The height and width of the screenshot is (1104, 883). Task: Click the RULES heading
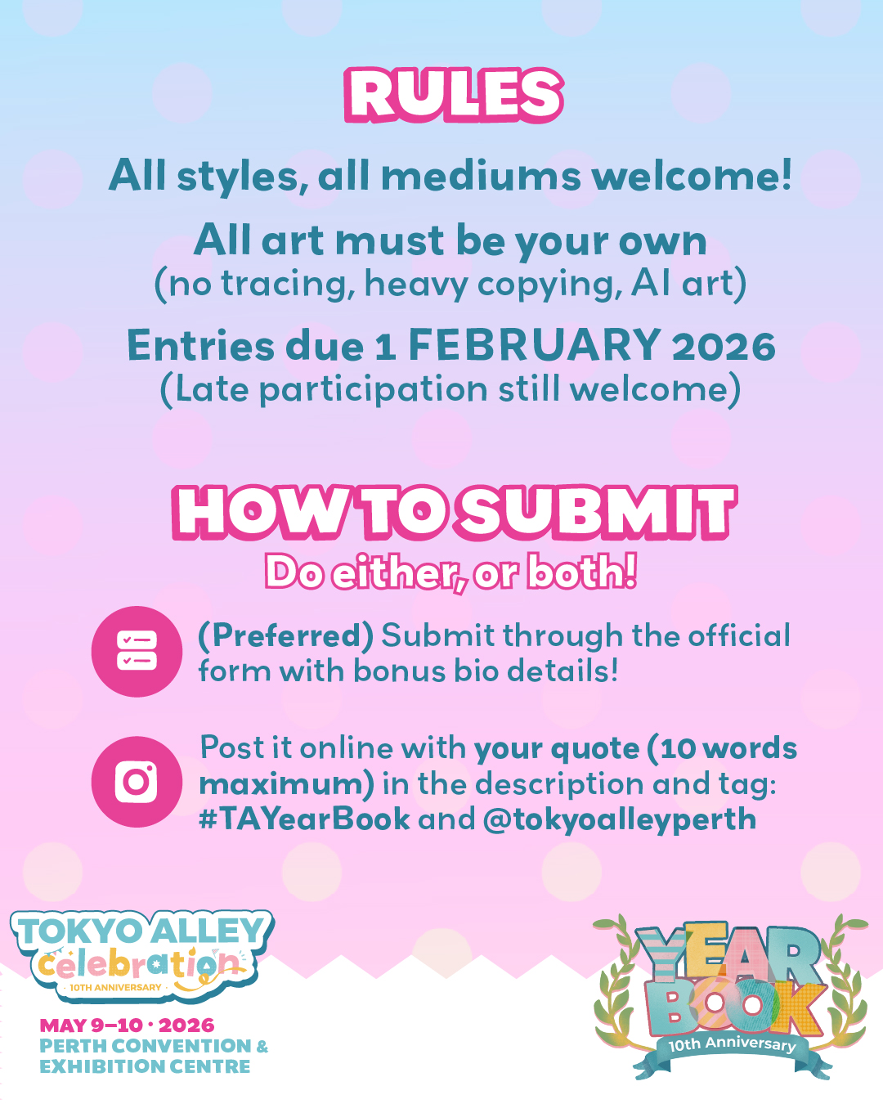pos(454,95)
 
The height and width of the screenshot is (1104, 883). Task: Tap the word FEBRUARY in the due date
pos(534,345)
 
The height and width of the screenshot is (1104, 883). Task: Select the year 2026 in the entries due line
pos(724,346)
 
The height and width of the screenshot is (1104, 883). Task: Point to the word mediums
pos(481,175)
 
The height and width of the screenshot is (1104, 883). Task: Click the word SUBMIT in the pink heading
pos(598,513)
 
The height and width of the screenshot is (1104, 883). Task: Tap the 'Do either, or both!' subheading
pos(451,573)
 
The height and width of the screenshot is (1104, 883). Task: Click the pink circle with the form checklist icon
pos(137,652)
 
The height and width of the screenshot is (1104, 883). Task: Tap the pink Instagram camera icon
pos(137,782)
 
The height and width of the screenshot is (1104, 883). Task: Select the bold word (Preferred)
pos(286,636)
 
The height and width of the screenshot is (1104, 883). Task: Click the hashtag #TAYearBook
pos(304,819)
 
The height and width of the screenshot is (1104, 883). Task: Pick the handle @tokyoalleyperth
pos(619,819)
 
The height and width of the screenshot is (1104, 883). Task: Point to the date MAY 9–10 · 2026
pos(127,1025)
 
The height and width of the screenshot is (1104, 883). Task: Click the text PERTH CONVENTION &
pos(154,1045)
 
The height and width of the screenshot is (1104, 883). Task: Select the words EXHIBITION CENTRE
pos(145,1066)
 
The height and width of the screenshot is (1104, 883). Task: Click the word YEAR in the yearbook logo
pos(728,950)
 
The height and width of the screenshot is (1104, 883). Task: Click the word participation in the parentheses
pos(373,389)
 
